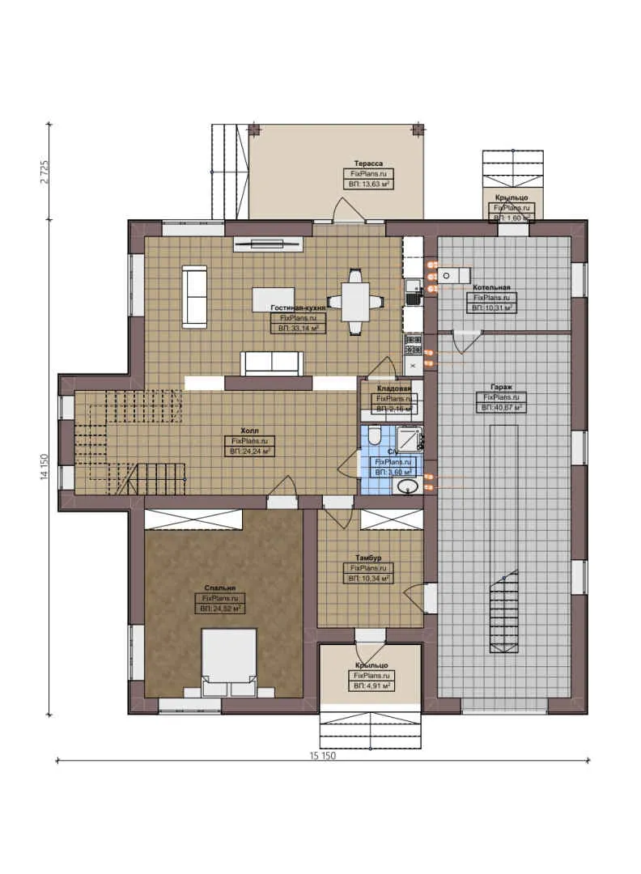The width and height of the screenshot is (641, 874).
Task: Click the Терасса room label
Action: [367, 163]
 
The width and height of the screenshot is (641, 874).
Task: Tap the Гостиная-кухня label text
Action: [299, 308]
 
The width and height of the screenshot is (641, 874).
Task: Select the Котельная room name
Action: [491, 287]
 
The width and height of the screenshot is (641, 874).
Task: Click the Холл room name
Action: [249, 431]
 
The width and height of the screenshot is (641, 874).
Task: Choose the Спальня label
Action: [220, 588]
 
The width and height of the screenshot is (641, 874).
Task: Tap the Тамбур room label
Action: [368, 558]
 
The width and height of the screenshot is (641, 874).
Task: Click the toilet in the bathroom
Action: [373, 438]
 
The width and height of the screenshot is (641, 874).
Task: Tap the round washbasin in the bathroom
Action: [406, 486]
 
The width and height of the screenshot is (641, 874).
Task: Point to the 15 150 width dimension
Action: [322, 756]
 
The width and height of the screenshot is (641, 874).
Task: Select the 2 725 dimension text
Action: [45, 172]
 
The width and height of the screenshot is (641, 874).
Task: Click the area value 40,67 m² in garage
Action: [502, 408]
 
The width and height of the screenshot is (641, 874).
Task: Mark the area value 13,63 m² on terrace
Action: [368, 185]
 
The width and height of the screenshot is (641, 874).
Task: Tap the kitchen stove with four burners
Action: [413, 346]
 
